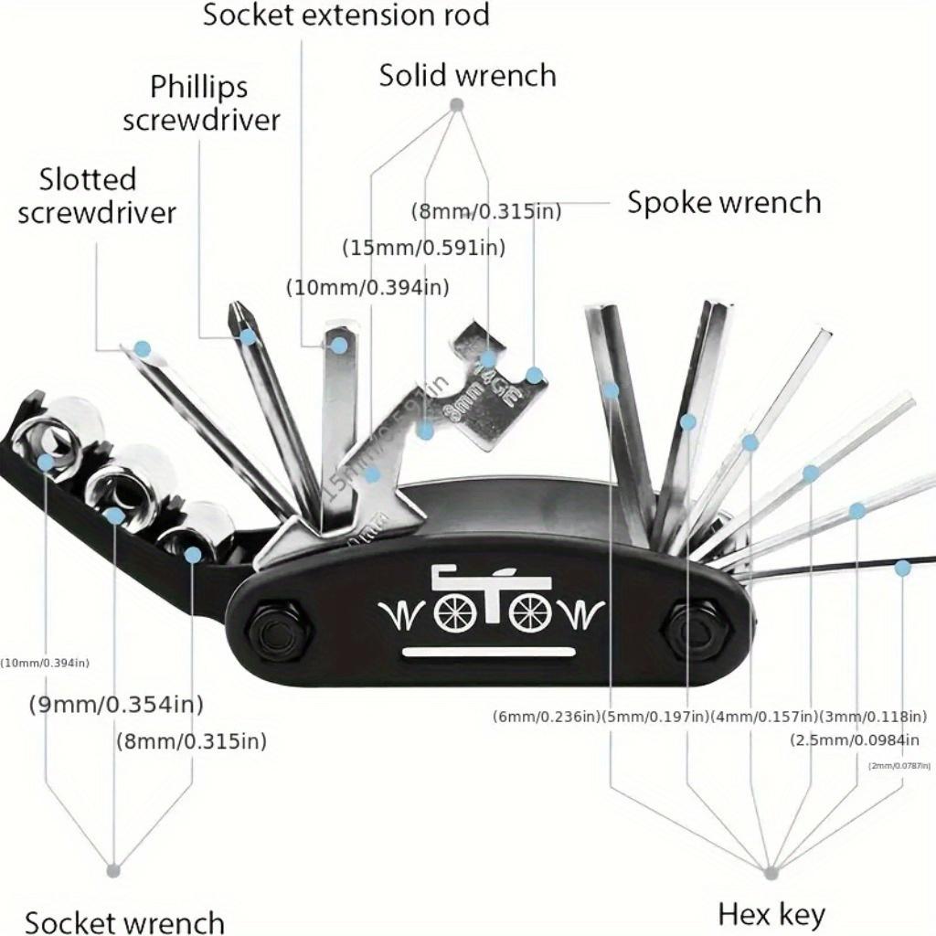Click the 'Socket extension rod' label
pyautogui.click(x=346, y=15)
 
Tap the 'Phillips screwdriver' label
pyautogui.click(x=201, y=103)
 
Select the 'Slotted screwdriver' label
pyautogui.click(x=96, y=195)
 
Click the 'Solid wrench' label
pyautogui.click(x=467, y=75)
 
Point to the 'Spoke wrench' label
pyautogui.click(x=723, y=202)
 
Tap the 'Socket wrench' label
pyautogui.click(x=124, y=921)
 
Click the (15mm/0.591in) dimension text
pyautogui.click(x=423, y=247)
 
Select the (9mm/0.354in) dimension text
pyautogui.click(x=115, y=704)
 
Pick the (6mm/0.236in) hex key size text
pyautogui.click(x=547, y=716)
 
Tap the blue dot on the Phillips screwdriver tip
pyautogui.click(x=248, y=336)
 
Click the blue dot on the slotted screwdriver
pyautogui.click(x=142, y=348)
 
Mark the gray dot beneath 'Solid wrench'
pyautogui.click(x=457, y=105)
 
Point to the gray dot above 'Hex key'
pyautogui.click(x=771, y=873)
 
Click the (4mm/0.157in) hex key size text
pyautogui.click(x=763, y=716)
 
